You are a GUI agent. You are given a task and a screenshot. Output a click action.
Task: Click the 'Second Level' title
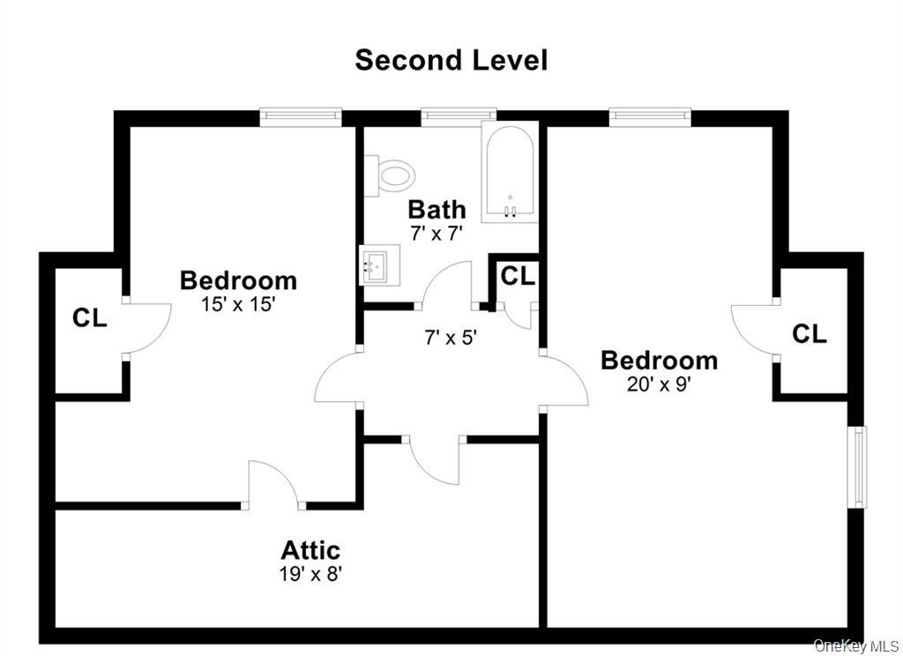(x=451, y=60)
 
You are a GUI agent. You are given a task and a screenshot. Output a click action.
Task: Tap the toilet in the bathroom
(x=391, y=173)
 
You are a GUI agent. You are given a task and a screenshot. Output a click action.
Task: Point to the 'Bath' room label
(x=437, y=209)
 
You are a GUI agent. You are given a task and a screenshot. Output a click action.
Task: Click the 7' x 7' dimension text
(x=437, y=233)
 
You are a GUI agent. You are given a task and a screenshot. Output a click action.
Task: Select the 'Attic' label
(x=310, y=550)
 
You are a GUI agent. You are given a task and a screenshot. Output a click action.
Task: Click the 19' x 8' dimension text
(x=310, y=573)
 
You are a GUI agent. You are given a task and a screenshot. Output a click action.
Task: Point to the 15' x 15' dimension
(x=238, y=304)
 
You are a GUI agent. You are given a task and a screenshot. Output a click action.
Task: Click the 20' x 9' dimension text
(x=659, y=384)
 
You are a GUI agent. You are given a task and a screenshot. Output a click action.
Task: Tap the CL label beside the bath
(x=518, y=276)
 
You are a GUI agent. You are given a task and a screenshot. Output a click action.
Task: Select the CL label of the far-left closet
(x=89, y=317)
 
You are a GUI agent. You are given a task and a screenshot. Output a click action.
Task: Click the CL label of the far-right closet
(x=809, y=334)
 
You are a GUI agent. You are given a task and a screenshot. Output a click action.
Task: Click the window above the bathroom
(x=458, y=114)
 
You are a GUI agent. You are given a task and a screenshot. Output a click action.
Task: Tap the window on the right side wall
(x=856, y=466)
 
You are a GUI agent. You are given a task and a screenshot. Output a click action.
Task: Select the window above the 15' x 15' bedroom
(x=300, y=114)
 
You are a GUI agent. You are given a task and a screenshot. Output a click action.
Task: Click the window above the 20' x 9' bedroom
(x=649, y=114)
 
